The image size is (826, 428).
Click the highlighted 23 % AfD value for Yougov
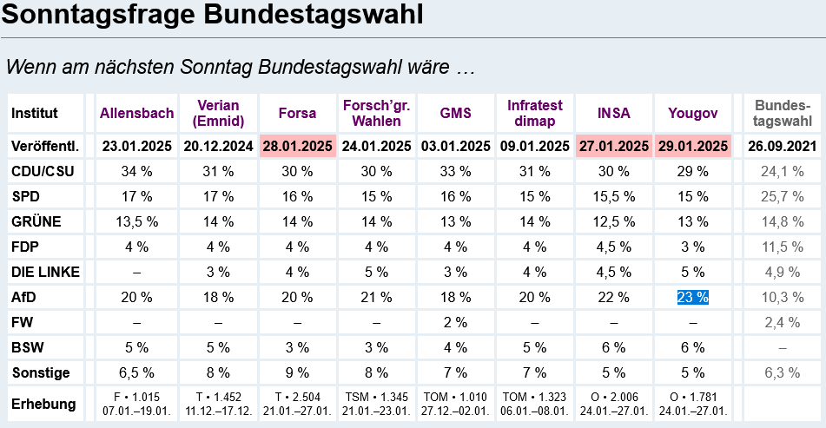693,298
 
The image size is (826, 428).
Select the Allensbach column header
136,113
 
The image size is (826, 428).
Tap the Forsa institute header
297,113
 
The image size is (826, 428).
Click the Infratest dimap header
535,113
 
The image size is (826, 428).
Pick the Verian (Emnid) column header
217,113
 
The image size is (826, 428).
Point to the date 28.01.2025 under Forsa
297,146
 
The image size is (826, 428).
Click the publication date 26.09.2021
782,146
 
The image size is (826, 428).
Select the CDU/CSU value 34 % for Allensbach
136,171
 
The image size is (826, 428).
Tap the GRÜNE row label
36,221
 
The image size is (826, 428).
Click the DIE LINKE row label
46,272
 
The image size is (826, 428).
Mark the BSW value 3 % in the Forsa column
297,348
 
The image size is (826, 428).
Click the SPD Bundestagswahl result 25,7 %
782,196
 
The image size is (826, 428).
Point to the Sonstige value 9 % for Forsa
297,373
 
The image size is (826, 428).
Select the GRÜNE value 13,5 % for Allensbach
136,221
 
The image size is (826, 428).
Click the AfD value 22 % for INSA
614,298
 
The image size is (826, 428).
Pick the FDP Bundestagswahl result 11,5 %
782,247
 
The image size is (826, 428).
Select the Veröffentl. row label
44,146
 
